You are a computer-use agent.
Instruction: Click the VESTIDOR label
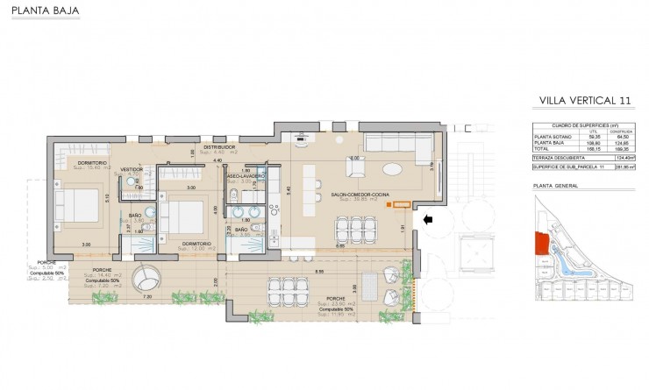(131, 169)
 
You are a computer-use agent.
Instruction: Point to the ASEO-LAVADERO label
(246, 176)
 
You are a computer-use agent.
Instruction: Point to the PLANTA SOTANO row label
(552, 137)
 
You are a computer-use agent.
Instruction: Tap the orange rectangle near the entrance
(403, 206)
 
